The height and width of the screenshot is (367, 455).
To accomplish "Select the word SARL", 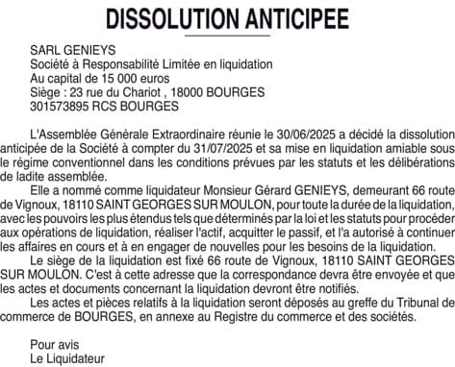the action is (45, 46).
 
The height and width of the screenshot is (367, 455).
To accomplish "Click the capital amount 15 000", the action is (116, 78).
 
